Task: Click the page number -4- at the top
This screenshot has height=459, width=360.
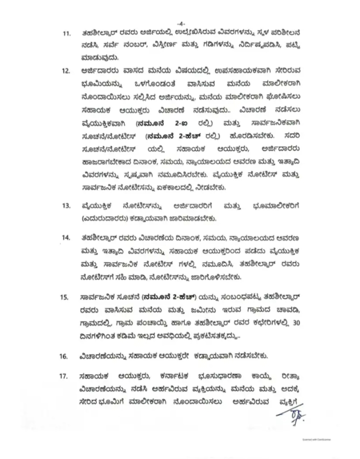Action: point(180,22)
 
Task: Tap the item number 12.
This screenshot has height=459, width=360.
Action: point(65,71)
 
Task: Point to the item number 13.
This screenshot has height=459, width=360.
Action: point(65,205)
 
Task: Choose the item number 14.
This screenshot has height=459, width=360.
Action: point(65,235)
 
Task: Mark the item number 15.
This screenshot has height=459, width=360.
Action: point(65,298)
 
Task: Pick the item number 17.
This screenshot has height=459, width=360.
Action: point(65,376)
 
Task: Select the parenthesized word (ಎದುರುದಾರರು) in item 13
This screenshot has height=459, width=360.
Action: point(107,218)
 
